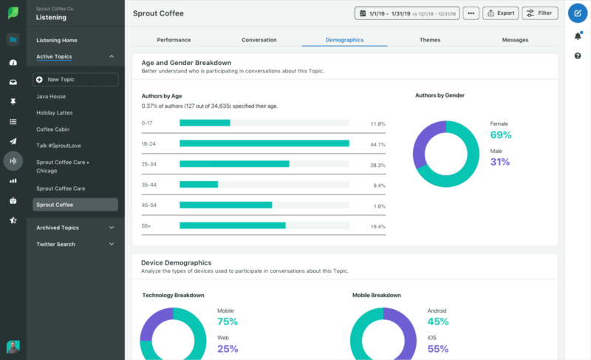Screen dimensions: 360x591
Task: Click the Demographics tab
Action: [344, 39]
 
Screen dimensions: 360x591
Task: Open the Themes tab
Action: [430, 39]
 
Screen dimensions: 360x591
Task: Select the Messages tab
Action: [515, 39]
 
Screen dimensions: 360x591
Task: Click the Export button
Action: [502, 13]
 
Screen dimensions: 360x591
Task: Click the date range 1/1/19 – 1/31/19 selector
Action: [407, 13]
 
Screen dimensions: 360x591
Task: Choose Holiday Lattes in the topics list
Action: [54, 112]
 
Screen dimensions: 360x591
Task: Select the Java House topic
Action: [51, 96]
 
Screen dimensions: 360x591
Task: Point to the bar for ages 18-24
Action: [264, 143]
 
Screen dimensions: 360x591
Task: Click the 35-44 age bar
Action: [199, 185]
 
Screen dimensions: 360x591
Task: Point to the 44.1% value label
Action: [378, 144]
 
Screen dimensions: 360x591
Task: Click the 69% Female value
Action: [501, 135]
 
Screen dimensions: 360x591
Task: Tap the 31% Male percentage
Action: [500, 162]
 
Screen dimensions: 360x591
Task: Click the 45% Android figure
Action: [438, 322]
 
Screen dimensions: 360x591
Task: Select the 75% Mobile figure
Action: [228, 322]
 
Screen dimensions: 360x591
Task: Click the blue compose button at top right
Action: [578, 13]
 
